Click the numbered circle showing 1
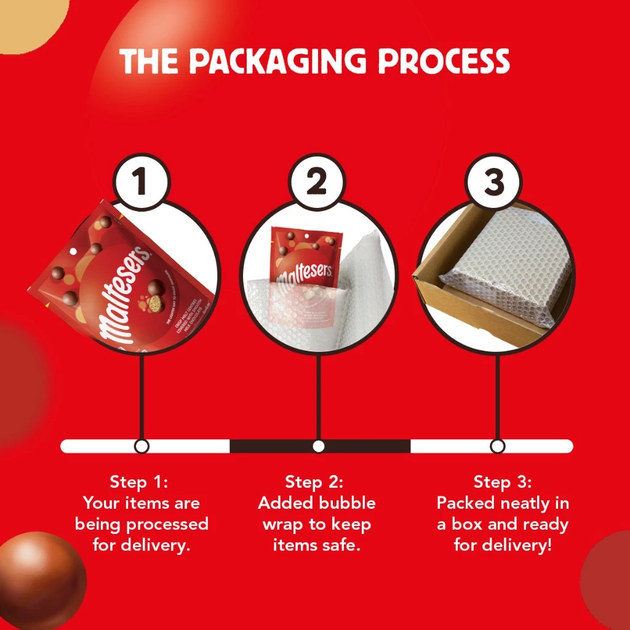point(141,182)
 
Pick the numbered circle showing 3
point(494,182)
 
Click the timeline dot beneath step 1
point(142,446)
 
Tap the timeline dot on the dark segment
point(318,446)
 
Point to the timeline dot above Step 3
point(498,446)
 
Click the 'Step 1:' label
point(141,482)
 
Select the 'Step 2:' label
point(316,482)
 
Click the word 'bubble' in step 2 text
point(347,503)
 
